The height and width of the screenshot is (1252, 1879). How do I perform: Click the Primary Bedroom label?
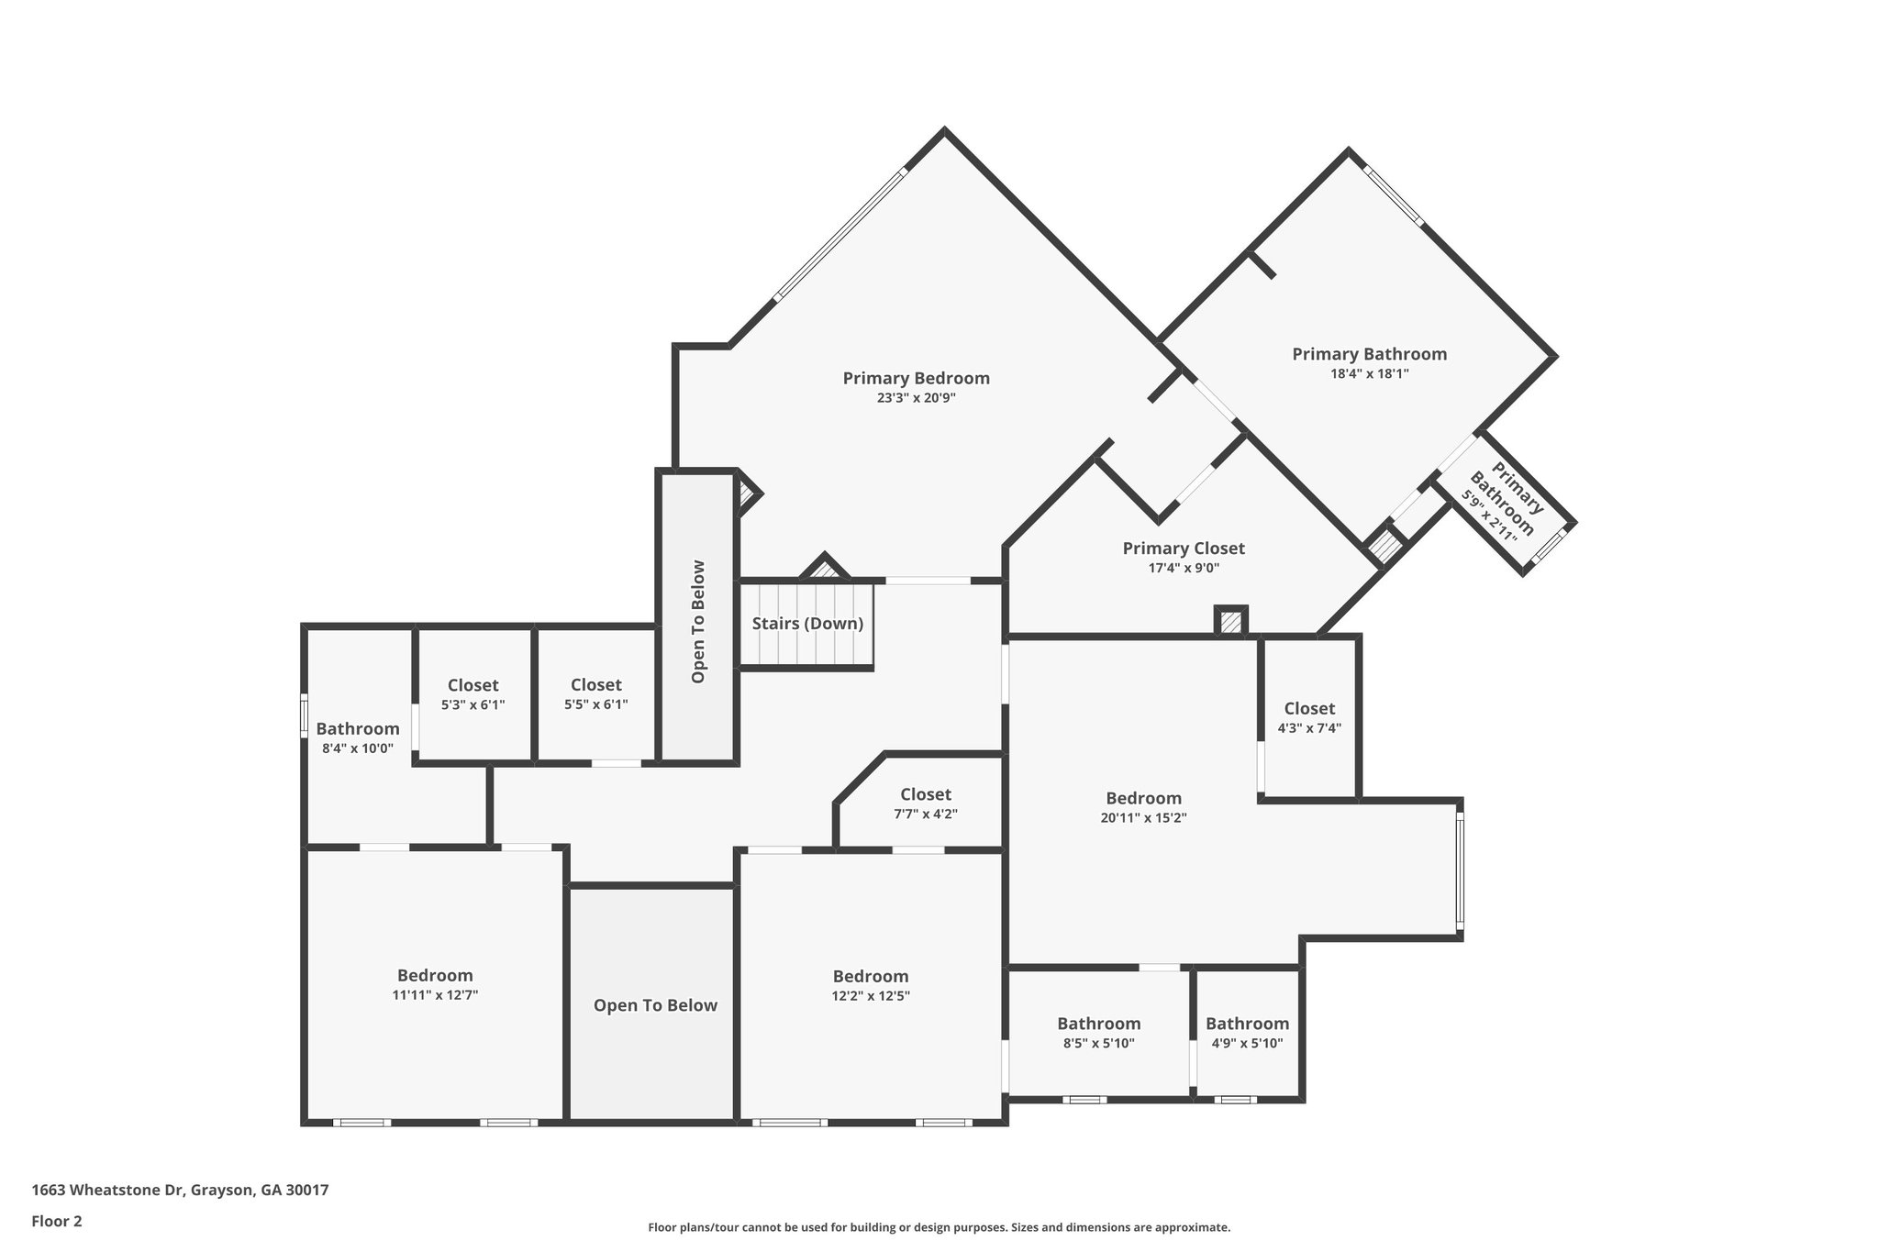click(916, 378)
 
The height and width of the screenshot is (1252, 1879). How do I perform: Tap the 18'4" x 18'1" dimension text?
click(1369, 373)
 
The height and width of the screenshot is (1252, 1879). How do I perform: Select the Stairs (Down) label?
click(807, 624)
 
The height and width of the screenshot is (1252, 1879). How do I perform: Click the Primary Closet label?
click(1184, 548)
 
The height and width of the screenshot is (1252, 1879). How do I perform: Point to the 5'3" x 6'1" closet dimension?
click(473, 704)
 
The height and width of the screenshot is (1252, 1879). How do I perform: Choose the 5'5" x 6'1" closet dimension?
click(595, 704)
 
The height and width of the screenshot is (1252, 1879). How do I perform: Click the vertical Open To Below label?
click(698, 621)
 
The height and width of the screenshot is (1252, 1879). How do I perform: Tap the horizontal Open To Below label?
click(655, 1005)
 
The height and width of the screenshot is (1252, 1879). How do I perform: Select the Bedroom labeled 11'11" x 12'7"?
click(435, 975)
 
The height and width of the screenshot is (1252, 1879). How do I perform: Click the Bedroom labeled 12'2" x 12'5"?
click(871, 976)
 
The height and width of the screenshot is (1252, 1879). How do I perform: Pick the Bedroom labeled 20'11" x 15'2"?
click(1143, 798)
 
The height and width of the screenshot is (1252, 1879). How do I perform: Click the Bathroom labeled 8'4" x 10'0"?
click(358, 728)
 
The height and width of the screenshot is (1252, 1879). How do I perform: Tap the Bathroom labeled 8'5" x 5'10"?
click(1098, 1023)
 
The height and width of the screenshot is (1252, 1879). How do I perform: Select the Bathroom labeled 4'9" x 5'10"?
click(1247, 1023)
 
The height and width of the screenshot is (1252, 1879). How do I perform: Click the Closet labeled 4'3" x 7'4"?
click(1309, 708)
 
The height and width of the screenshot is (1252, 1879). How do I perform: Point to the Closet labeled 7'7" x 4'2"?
click(926, 794)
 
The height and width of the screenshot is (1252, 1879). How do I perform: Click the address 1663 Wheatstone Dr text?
click(180, 1191)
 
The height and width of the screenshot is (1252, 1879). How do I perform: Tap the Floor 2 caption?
click(57, 1221)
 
